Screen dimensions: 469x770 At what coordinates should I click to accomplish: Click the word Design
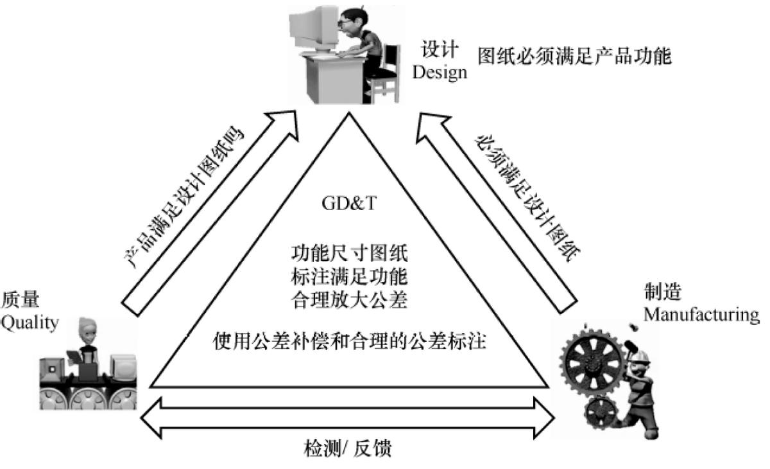pyautogui.click(x=440, y=72)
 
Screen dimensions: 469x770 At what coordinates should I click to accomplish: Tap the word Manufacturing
pyautogui.click(x=701, y=315)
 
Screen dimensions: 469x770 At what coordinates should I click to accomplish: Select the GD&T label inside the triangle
pyautogui.click(x=348, y=204)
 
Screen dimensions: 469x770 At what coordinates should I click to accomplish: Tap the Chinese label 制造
pyautogui.click(x=662, y=293)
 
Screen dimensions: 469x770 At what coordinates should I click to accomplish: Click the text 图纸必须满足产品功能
pyautogui.click(x=574, y=57)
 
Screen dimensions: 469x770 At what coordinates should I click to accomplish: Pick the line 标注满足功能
pyautogui.click(x=349, y=276)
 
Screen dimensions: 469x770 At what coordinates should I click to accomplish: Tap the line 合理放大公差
pyautogui.click(x=349, y=300)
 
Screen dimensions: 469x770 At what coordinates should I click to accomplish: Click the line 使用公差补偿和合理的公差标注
pyautogui.click(x=349, y=342)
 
